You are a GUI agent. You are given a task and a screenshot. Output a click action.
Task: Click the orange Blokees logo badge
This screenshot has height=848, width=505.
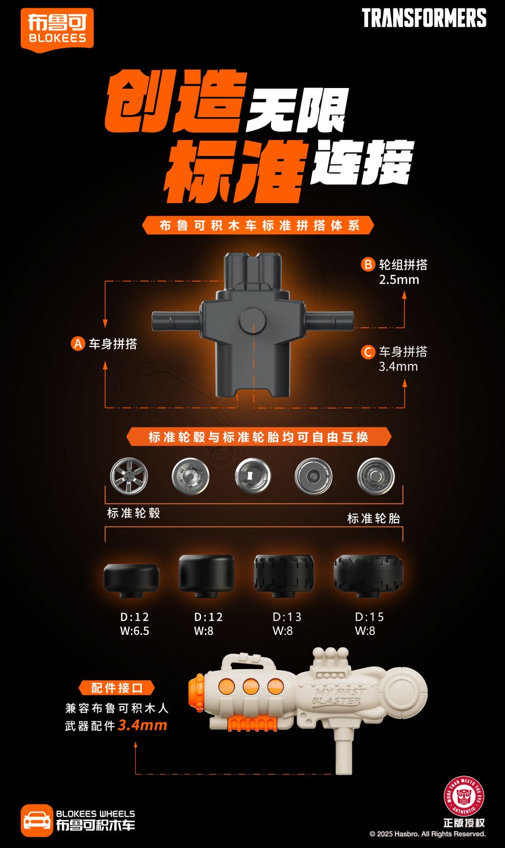57,30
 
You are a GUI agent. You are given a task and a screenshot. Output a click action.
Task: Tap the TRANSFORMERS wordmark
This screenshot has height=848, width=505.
424,18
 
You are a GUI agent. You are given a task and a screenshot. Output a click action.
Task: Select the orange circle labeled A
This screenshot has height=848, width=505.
77,344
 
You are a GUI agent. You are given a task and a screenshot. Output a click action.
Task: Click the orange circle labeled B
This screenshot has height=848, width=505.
368,265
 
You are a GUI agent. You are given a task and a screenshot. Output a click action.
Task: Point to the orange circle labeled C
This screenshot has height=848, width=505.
368,352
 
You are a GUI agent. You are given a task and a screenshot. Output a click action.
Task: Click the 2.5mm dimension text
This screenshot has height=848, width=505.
399,280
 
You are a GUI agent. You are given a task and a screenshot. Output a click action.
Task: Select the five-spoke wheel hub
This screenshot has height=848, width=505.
129,476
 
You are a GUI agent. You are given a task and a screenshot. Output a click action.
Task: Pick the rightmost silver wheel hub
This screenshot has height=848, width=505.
375,476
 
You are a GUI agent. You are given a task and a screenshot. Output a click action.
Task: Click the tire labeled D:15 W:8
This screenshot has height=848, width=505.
368,575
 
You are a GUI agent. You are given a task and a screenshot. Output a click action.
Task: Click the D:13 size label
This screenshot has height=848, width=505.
287,617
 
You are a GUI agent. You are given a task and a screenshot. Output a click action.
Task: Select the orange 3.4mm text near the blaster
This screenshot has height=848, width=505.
143,725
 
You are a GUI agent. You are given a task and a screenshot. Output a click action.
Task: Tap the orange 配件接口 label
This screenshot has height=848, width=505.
116,688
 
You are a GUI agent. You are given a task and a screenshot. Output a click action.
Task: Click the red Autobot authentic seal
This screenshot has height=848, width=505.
464,796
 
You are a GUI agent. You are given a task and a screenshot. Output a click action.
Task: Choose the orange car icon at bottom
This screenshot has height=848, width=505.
36,820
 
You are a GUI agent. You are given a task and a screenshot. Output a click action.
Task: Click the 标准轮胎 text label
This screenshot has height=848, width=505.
374,519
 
